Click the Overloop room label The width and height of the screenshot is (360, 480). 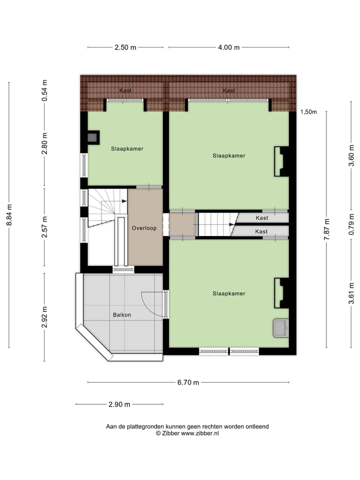pyautogui.click(x=144, y=228)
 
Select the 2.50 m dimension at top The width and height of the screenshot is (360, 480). pyautogui.click(x=125, y=47)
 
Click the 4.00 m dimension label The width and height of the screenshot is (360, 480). pyautogui.click(x=229, y=47)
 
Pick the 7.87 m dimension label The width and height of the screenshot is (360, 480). pyautogui.click(x=326, y=229)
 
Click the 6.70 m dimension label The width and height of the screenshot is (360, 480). pyautogui.click(x=188, y=382)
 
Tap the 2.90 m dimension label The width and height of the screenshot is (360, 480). pyautogui.click(x=119, y=404)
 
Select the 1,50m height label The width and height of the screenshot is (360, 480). pyautogui.click(x=308, y=112)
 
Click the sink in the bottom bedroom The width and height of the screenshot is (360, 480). pyautogui.click(x=280, y=328)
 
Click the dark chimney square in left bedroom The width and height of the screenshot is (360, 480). pyautogui.click(x=93, y=136)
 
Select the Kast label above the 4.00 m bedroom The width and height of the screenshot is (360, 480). pyautogui.click(x=229, y=90)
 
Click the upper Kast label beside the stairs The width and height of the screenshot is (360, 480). pyautogui.click(x=261, y=218)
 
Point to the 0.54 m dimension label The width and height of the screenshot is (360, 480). pyautogui.click(x=44, y=91)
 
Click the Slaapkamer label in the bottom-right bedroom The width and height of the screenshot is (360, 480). pyautogui.click(x=228, y=293)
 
